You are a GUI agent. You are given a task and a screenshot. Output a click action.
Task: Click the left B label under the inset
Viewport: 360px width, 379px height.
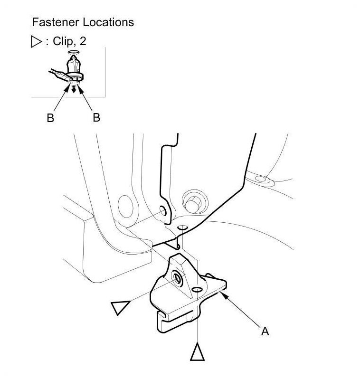[50, 118]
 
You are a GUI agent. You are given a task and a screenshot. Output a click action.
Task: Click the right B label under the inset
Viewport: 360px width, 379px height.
[96, 117]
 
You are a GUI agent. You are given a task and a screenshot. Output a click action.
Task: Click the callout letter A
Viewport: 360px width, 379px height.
[265, 331]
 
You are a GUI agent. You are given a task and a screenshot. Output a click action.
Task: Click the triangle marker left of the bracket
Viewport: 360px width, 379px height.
[119, 307]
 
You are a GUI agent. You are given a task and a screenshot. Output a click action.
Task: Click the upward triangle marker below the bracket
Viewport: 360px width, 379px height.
[198, 352]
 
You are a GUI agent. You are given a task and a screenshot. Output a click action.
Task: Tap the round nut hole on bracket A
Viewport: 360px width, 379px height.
[178, 279]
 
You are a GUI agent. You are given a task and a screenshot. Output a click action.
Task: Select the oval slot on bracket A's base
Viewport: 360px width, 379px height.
[197, 289]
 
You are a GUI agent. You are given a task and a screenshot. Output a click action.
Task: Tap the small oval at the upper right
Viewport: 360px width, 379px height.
[261, 179]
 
